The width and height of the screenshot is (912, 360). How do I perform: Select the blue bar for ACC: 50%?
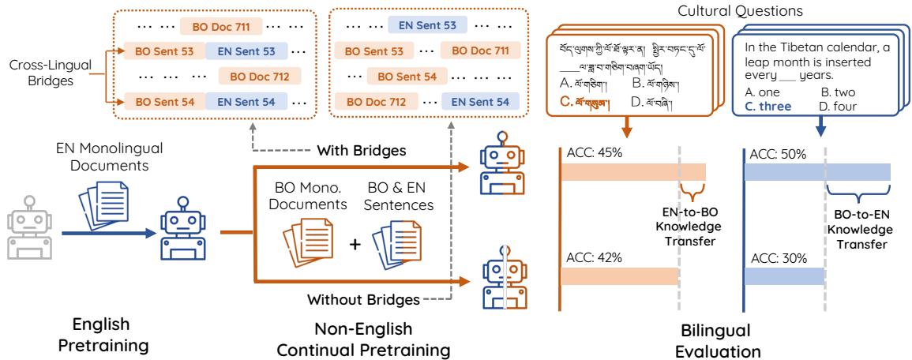coord(817,171)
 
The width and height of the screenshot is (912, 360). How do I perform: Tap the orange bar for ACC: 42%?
coord(619,276)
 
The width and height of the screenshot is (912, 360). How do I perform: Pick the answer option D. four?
coord(835,107)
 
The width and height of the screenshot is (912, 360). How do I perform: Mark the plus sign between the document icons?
coord(355,244)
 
